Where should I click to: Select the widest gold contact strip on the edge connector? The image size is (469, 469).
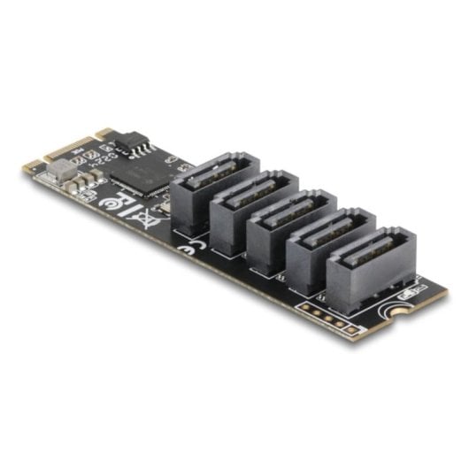coord(81,147)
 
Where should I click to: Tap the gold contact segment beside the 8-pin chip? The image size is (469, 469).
coord(105,135)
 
